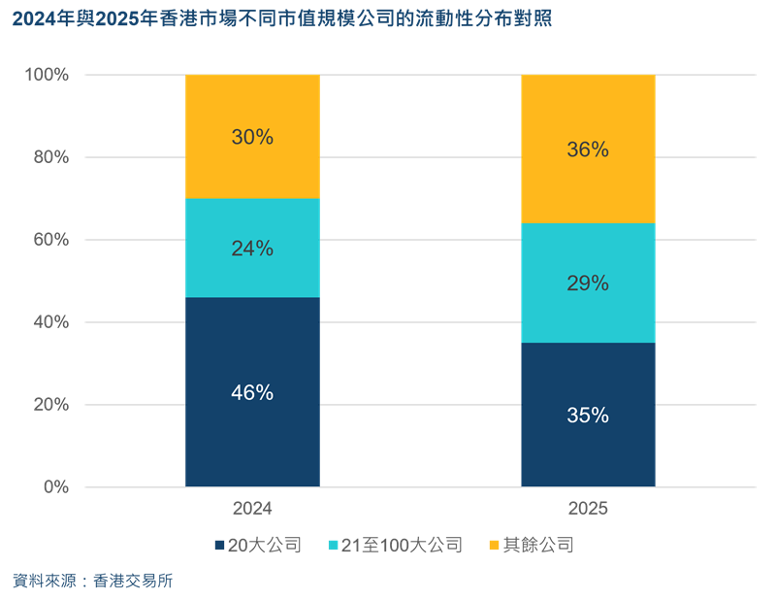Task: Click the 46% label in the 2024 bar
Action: tap(252, 393)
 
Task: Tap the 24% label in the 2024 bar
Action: tap(252, 249)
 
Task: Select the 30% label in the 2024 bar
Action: tap(252, 137)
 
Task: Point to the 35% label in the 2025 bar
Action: tap(588, 416)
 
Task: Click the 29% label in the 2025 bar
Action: tap(588, 283)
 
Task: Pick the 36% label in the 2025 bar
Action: tap(588, 150)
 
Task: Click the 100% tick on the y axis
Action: tap(46, 75)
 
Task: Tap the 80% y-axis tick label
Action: tap(49, 157)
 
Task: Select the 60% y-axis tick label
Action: tap(49, 240)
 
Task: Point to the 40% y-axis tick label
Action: tap(49, 322)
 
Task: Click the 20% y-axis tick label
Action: tap(49, 405)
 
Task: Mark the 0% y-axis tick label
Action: tap(54, 487)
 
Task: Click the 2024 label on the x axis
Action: tap(252, 509)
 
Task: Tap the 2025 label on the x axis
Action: tap(588, 509)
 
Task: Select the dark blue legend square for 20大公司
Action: tap(219, 546)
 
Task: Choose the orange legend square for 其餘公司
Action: tap(494, 546)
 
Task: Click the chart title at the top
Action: tap(282, 18)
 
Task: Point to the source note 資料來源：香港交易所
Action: tap(93, 581)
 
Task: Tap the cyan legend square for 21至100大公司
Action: tap(336, 546)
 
